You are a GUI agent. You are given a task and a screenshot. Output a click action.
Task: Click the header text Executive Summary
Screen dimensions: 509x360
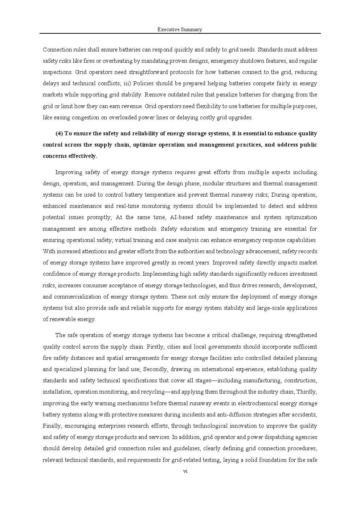[x=180, y=30]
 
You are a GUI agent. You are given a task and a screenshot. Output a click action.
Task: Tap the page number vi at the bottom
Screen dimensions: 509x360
[x=185, y=471]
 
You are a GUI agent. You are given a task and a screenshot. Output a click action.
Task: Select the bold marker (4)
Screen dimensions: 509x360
[x=59, y=134]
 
